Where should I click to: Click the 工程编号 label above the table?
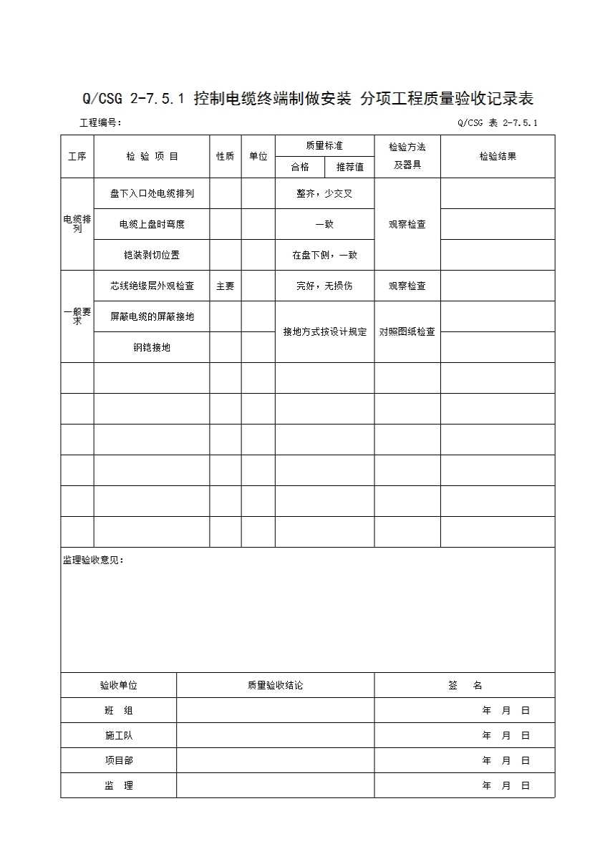coord(100,122)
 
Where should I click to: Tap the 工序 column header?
coord(77,156)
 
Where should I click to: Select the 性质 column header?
coord(225,156)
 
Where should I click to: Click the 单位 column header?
coord(258,156)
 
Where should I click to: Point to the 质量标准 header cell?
coord(324,145)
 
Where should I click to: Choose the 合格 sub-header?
coord(300,167)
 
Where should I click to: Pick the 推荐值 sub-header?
coord(349,167)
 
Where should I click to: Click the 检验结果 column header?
coord(497,156)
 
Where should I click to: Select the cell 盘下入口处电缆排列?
coord(152,193)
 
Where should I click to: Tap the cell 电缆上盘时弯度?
coord(152,224)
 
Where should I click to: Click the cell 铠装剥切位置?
coord(152,255)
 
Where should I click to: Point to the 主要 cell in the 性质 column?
coord(225,286)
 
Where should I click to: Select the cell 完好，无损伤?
coord(324,286)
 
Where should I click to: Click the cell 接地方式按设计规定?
coord(324,331)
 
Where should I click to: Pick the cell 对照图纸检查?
coord(407,331)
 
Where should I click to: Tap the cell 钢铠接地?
coord(152,348)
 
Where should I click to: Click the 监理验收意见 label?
coord(94,561)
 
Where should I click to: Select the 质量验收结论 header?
coord(275,685)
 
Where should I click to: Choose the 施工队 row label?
coord(118,735)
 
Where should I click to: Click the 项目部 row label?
coord(118,760)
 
